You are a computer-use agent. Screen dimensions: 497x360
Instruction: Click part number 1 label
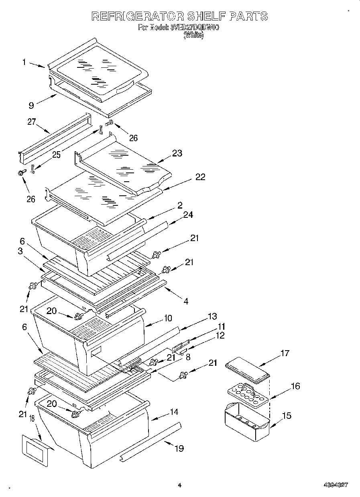coord(24,62)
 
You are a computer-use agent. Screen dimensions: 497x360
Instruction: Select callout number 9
coord(31,105)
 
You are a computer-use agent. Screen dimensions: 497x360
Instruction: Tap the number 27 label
coord(32,122)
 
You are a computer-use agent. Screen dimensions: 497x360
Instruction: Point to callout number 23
coord(177,153)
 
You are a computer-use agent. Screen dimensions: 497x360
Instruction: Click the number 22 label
coord(200,176)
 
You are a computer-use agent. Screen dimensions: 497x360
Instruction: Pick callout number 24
coord(188,215)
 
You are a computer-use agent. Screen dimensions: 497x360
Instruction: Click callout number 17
coord(285,353)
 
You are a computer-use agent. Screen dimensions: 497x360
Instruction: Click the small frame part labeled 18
coord(35,450)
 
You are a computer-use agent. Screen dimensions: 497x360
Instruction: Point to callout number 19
coord(179,448)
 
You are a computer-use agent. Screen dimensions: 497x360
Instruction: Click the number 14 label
coord(174,412)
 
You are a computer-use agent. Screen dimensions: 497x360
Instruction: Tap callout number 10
coord(167,318)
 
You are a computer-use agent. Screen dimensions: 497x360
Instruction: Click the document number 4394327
coord(336,485)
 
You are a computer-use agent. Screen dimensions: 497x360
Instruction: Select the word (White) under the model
coord(193,35)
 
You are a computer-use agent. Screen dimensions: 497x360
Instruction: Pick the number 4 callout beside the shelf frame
coord(186,301)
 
